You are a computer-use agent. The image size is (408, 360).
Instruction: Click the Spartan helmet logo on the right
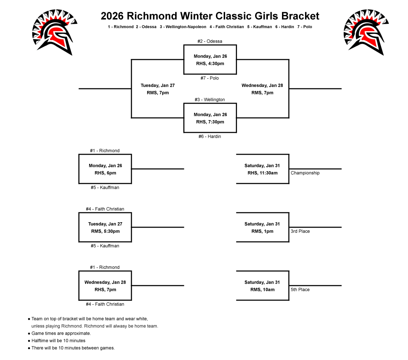click(x=364, y=32)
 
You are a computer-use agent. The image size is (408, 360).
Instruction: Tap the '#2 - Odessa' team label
click(x=210, y=41)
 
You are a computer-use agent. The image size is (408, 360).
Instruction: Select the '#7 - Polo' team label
click(x=210, y=78)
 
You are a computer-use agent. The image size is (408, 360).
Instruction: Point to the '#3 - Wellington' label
click(x=210, y=100)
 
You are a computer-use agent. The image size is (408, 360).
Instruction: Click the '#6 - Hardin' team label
click(x=210, y=136)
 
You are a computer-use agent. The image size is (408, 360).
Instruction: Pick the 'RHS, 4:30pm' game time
click(x=210, y=64)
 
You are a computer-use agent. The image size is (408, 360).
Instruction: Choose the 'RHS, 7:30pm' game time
click(x=210, y=122)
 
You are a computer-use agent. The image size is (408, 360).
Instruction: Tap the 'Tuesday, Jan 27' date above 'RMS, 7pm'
click(x=158, y=86)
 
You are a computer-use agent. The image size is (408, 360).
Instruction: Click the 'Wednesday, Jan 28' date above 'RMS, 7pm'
click(x=262, y=86)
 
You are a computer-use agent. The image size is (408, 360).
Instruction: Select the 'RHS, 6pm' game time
click(x=105, y=173)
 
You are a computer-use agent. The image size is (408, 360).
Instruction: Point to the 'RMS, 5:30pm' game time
click(x=105, y=231)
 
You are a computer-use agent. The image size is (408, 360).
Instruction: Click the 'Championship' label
click(x=305, y=173)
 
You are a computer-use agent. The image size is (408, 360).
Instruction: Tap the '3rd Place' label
click(x=300, y=231)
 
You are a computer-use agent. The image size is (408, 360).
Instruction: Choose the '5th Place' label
click(x=300, y=290)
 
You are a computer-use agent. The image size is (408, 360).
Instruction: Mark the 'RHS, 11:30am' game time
click(x=262, y=173)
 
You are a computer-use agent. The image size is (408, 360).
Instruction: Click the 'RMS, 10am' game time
click(x=262, y=290)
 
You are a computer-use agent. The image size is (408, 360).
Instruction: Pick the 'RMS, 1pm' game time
click(x=262, y=231)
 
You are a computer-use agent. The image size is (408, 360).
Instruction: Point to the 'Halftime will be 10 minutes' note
click(x=58, y=341)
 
